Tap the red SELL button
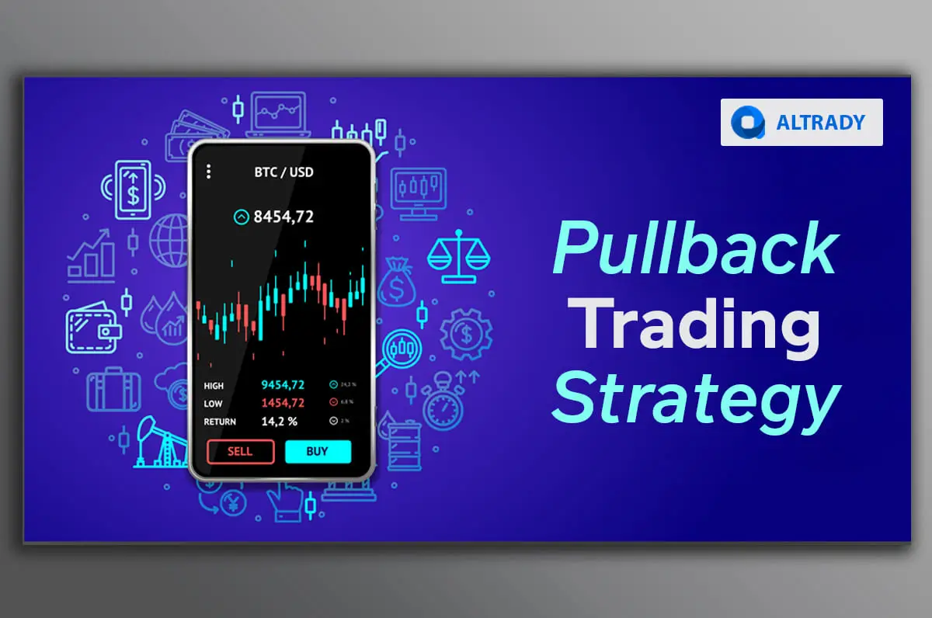(240, 451)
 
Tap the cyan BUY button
(318, 451)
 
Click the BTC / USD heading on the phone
(284, 172)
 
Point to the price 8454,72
(283, 217)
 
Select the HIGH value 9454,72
(283, 384)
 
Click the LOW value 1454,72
(283, 403)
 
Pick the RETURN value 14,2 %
(279, 422)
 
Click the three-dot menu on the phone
(208, 172)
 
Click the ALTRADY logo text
(820, 123)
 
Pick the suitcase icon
(113, 391)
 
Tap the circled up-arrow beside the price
(241, 217)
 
